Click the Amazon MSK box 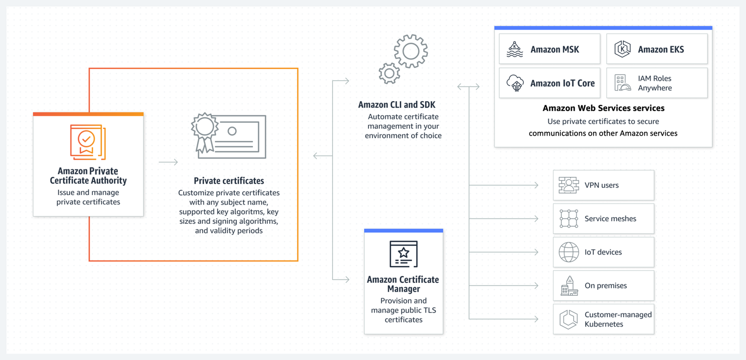pos(549,49)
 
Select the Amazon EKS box pos(657,49)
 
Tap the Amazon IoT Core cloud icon pos(515,83)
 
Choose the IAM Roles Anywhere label pos(655,83)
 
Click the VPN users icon pos(569,185)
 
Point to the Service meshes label pos(610,219)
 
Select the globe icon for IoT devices pos(569,252)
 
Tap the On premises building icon pos(569,286)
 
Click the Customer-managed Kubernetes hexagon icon pos(569,319)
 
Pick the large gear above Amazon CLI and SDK pos(411,51)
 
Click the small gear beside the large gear pos(389,74)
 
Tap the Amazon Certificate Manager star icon pos(403,254)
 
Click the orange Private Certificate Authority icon pos(88,141)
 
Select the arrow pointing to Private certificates pos(168,162)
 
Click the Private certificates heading pos(228,181)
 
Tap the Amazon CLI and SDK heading pos(396,105)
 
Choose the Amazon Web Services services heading pos(603,109)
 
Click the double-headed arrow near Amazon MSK pos(468,87)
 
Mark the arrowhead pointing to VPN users pos(536,185)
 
